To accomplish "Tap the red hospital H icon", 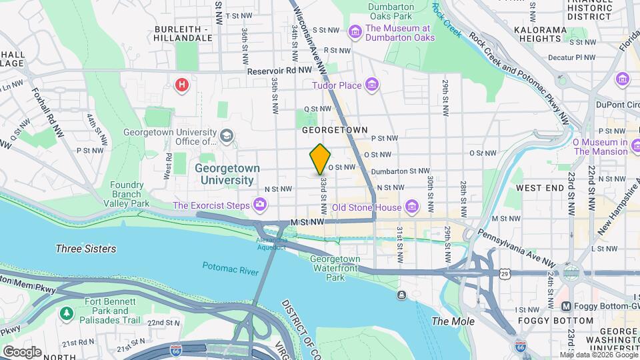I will click(181, 85).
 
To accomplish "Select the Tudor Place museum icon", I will click(372, 85).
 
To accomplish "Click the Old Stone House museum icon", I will click(412, 207).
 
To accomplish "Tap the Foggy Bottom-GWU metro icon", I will click(566, 306).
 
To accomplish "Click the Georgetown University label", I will click(224, 174).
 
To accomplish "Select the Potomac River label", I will click(230, 267).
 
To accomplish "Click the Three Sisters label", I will click(85, 249).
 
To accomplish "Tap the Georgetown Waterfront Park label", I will click(335, 267).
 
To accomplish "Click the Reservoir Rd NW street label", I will click(279, 70).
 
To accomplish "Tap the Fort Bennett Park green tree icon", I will click(66, 313).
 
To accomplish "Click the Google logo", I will click(21, 351).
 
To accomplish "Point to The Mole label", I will click(453, 321).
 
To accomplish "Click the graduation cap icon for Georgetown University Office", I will click(227, 136).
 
